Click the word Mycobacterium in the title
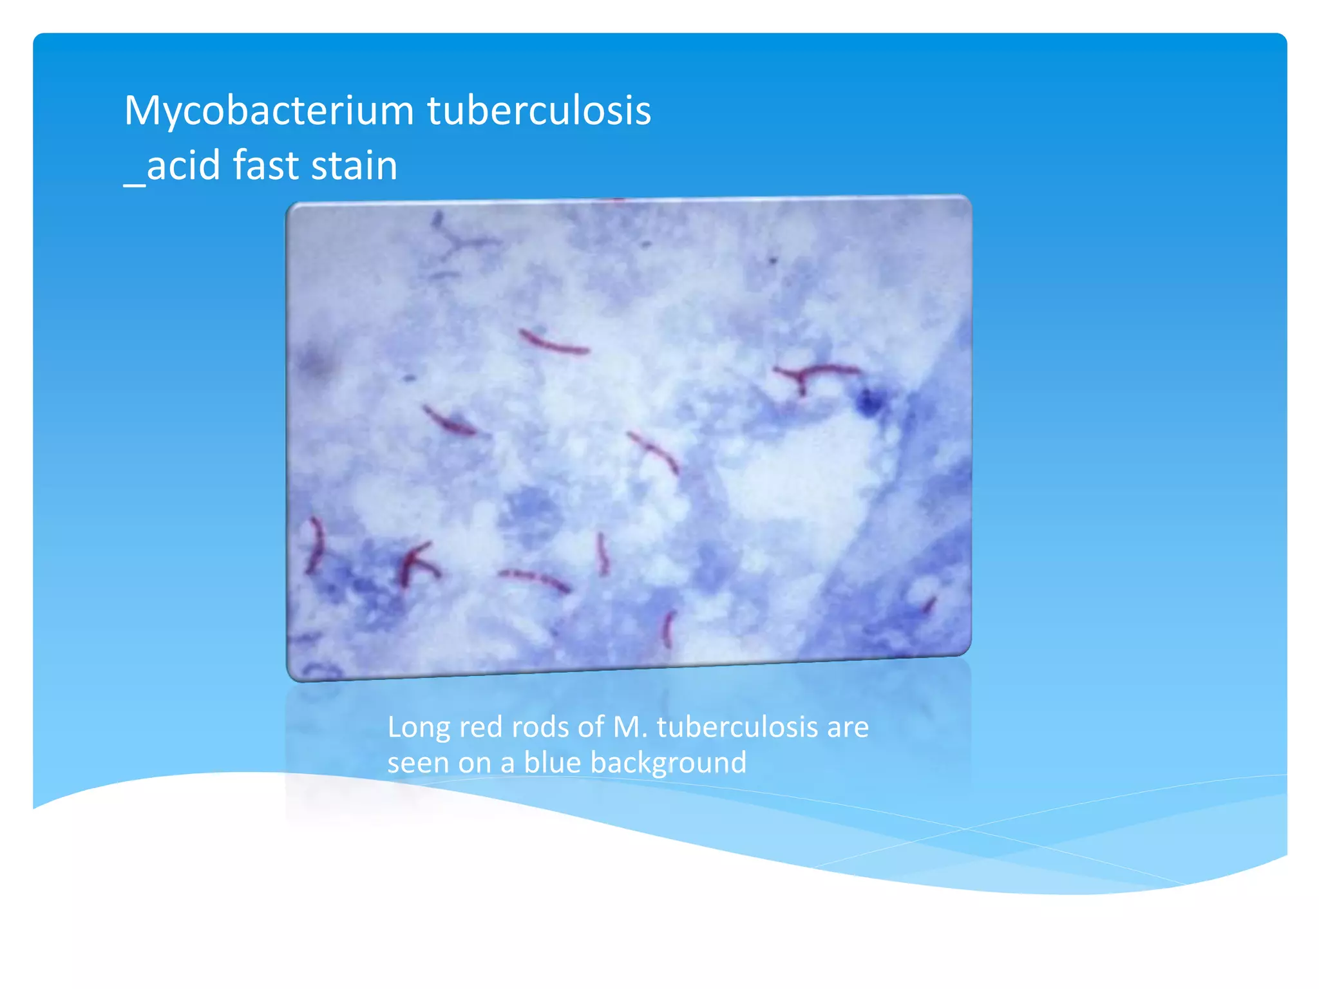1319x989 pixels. (269, 111)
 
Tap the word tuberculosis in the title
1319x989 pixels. (539, 111)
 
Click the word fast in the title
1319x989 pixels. (265, 165)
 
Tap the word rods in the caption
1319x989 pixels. (540, 728)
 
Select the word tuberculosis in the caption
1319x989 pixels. (737, 728)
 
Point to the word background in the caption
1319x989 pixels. (668, 763)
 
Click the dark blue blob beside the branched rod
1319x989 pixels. (869, 404)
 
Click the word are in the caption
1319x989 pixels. (848, 728)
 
